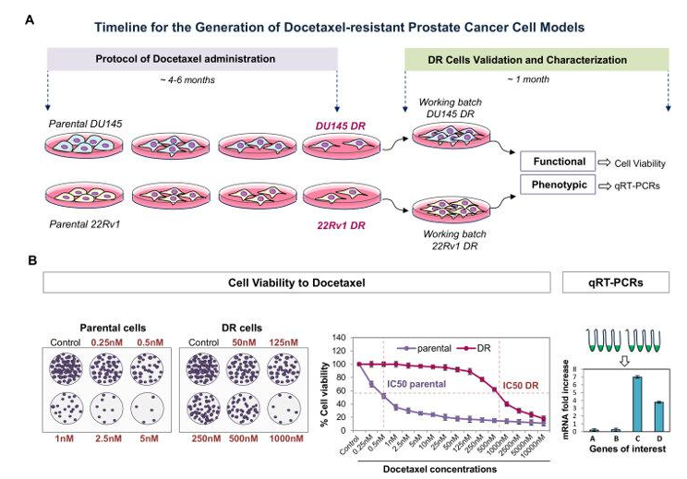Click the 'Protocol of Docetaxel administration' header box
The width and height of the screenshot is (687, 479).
pos(193,60)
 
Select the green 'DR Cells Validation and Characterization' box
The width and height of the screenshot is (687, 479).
pos(536,60)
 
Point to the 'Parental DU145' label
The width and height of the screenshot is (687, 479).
pos(80,124)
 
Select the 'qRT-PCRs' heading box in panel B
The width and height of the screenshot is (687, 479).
pos(616,281)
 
